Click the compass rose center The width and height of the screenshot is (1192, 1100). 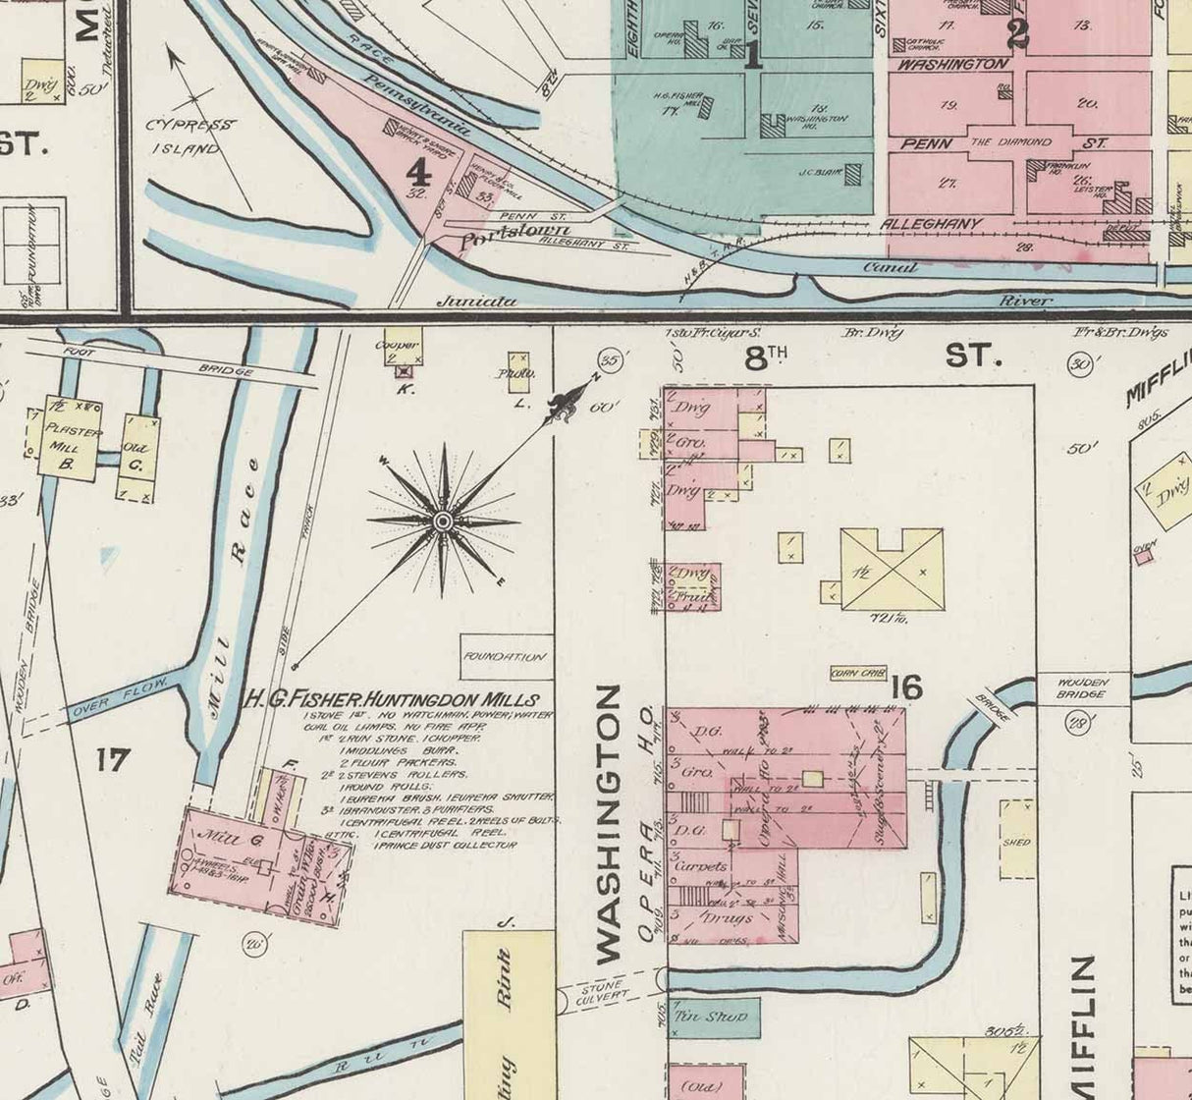(x=443, y=521)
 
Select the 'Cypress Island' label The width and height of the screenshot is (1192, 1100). (x=190, y=137)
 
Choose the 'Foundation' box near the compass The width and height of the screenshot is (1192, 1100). (x=506, y=656)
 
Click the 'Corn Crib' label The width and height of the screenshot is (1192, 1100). (x=858, y=674)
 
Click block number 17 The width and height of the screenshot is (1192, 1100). (x=113, y=758)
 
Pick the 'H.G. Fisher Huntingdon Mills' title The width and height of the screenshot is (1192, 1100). (x=391, y=700)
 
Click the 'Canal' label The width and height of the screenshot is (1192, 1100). (x=890, y=267)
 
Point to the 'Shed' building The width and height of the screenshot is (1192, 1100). (x=1017, y=841)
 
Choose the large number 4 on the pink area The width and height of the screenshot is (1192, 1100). (x=418, y=173)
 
